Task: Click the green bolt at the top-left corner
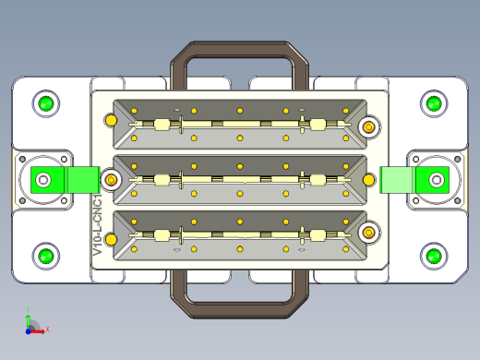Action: tap(46, 103)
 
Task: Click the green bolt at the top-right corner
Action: tap(434, 103)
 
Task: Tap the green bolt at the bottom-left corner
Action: tap(46, 256)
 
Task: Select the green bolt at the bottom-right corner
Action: tap(434, 256)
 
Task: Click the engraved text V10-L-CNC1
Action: tap(98, 224)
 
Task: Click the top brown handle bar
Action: tap(239, 49)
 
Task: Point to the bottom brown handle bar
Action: tap(239, 310)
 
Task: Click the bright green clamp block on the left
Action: tap(66, 180)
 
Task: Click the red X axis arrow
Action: tap(38, 331)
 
